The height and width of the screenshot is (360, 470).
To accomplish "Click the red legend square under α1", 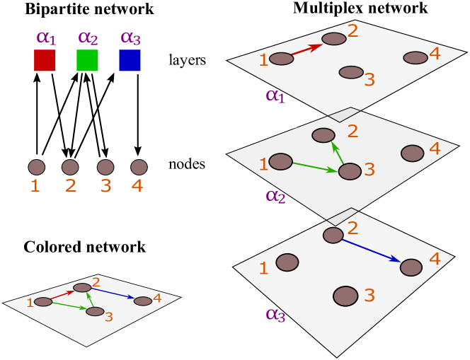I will (x=45, y=60).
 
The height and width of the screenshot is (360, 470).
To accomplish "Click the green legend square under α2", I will (x=87, y=60).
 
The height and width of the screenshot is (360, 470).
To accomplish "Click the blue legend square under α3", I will (x=130, y=60).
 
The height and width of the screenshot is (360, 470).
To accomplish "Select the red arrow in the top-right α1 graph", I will (x=307, y=49).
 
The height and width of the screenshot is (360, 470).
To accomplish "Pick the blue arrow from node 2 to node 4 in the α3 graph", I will (x=371, y=251).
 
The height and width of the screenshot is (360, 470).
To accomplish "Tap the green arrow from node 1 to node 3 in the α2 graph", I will (x=315, y=167).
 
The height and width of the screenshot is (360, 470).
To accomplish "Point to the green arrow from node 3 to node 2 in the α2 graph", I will (x=338, y=153).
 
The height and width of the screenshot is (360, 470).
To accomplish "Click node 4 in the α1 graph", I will (x=415, y=58).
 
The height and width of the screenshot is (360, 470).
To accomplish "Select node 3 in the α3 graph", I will (x=345, y=296).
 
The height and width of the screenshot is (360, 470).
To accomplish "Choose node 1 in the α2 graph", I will (x=280, y=162).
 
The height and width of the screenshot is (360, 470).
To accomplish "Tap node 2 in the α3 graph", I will (x=333, y=236).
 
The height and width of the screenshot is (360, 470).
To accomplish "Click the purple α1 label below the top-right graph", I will (x=275, y=95).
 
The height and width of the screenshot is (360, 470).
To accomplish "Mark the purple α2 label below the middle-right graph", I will (x=275, y=197).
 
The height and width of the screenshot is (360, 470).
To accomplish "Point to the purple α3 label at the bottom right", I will (x=275, y=315).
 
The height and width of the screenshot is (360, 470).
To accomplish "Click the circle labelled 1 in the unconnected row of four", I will (x=37, y=168).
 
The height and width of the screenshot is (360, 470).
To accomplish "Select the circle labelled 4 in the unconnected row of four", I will (x=139, y=168).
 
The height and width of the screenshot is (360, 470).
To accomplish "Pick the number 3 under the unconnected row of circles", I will (x=105, y=187).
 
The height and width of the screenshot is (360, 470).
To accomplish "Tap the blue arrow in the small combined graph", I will (x=113, y=294).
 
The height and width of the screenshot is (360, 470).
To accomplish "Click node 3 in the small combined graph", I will (x=95, y=311).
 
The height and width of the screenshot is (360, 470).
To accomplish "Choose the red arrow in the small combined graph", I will (x=63, y=294).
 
